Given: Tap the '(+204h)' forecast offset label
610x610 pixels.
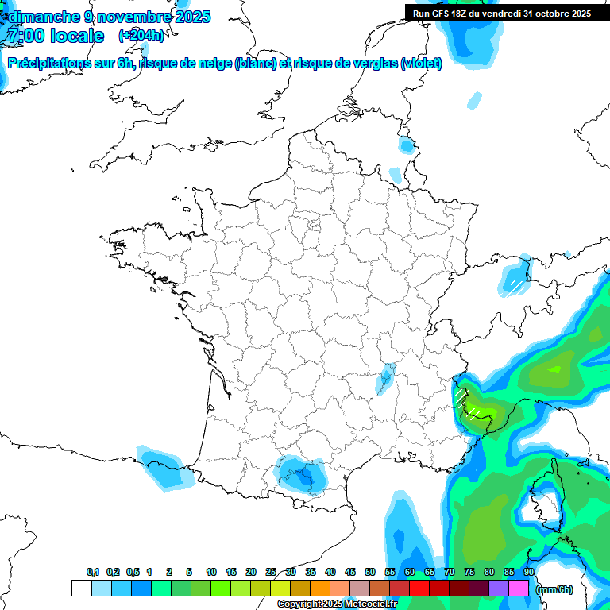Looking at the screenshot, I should click(x=141, y=35).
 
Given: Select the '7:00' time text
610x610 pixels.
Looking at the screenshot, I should click(x=25, y=36).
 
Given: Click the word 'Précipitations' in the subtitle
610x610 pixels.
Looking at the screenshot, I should click(x=49, y=64).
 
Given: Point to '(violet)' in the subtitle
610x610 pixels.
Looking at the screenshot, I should click(x=421, y=64).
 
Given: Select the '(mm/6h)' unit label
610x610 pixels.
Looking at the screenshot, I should click(x=554, y=589).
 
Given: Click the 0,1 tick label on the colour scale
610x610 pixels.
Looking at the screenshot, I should click(x=92, y=573).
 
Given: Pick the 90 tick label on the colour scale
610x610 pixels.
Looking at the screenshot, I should click(x=529, y=573).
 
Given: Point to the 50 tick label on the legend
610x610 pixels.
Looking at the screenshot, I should click(x=370, y=573).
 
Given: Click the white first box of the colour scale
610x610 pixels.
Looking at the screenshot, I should click(x=82, y=589).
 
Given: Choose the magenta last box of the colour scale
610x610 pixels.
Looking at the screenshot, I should click(x=519, y=589).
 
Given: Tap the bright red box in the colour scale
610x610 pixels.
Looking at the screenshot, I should click(x=419, y=589).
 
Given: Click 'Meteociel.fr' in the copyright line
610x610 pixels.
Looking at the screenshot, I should click(x=371, y=604).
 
